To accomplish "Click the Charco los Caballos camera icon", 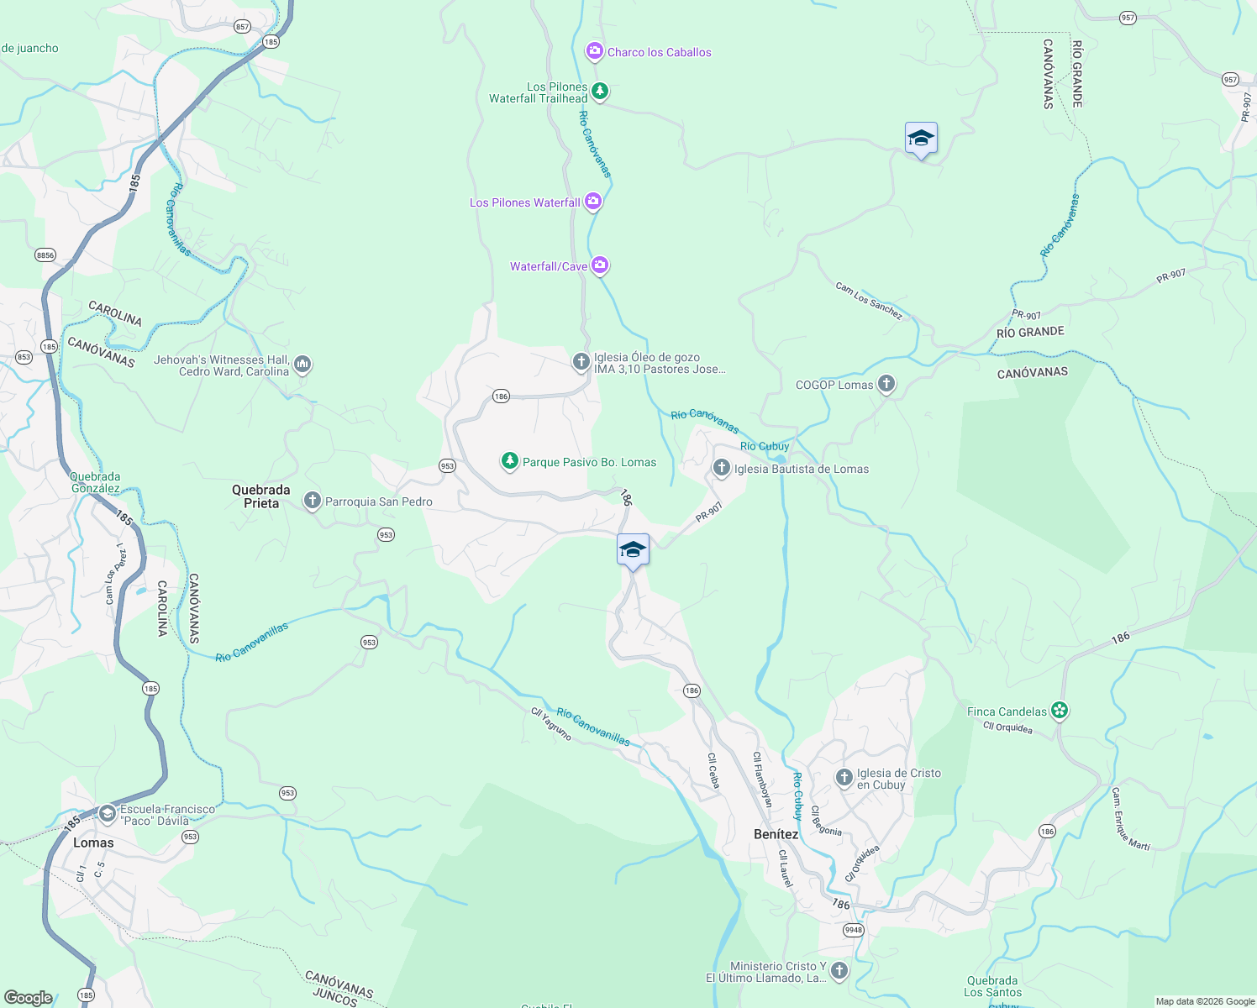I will [x=594, y=52].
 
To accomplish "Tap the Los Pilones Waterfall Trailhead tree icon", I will [x=599, y=91].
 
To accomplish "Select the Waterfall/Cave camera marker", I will [x=599, y=266].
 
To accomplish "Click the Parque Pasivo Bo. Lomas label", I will [x=589, y=462].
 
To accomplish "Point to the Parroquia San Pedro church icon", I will [x=312, y=501].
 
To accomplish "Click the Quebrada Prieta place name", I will [x=261, y=496].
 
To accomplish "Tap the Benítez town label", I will [x=776, y=834].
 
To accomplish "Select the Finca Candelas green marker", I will [x=1060, y=711].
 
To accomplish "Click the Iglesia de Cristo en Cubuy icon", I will [x=844, y=778].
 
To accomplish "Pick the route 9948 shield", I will [x=854, y=930].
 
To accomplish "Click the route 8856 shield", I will [x=45, y=255].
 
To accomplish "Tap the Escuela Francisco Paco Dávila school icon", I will [x=107, y=813].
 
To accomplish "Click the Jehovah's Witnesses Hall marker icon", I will [x=302, y=365].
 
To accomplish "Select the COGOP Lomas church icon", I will [x=886, y=385].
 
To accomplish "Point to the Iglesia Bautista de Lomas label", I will [x=802, y=469].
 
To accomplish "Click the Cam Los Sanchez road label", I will [x=869, y=301].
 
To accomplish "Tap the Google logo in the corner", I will [x=29, y=997].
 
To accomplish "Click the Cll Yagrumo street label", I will [x=551, y=724].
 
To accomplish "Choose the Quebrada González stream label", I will [x=95, y=482].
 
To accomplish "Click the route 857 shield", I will [x=242, y=27].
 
